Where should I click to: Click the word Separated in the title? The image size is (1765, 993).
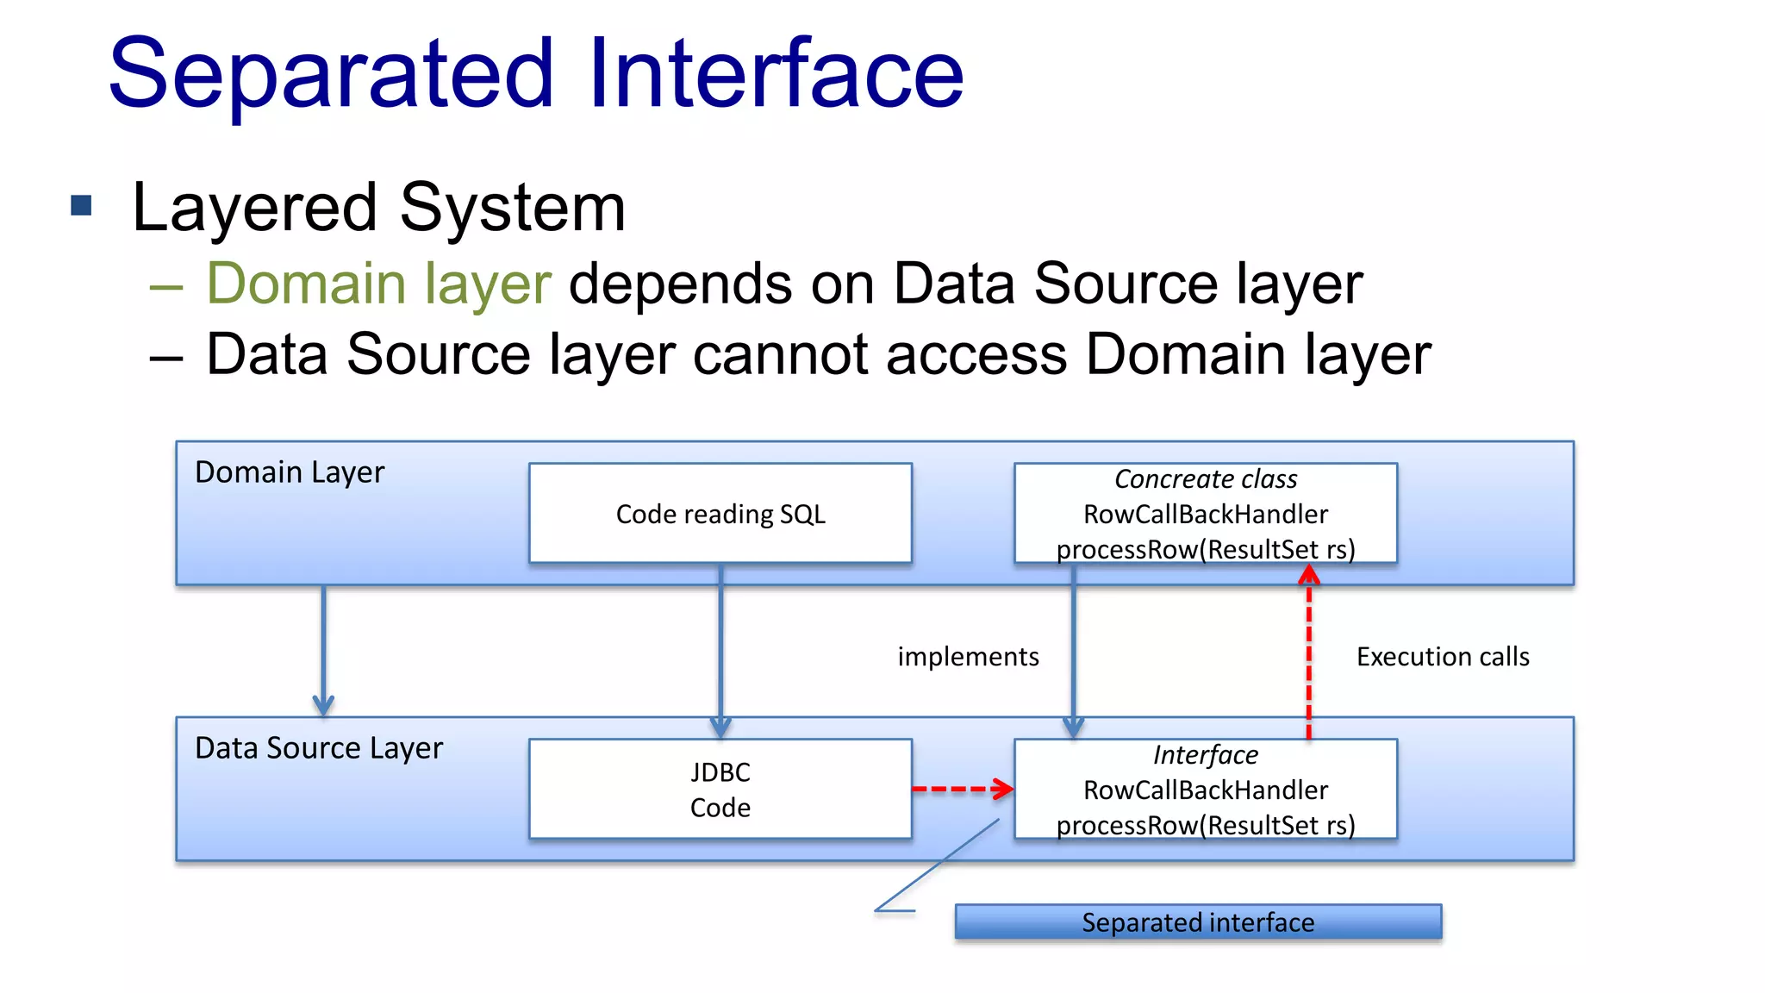331,76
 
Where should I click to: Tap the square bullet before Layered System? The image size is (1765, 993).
81,205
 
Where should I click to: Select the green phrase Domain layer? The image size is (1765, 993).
378,284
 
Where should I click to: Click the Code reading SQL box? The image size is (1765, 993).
720,514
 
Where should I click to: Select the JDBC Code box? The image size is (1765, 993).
720,789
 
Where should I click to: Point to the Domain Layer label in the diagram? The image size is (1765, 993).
290,472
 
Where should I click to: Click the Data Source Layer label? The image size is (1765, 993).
319,747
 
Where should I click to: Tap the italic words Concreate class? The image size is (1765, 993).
1205,479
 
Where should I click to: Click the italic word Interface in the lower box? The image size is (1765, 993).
1205,755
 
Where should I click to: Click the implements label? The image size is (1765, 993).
968,657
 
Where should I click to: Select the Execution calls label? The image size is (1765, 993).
1443,657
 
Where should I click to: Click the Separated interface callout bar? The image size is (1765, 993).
1198,922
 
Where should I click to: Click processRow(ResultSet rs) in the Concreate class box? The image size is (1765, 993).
1205,549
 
